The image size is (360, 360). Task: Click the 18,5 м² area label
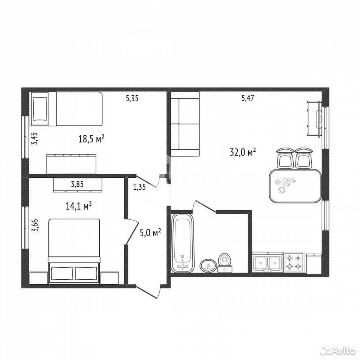[91, 139]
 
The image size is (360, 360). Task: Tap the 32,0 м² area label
[243, 152]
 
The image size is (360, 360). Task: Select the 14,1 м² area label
[79, 206]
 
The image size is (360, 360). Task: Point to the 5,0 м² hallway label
[150, 233]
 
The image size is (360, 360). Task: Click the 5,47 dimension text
[247, 98]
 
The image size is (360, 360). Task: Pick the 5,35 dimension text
[132, 99]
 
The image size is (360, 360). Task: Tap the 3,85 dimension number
[77, 184]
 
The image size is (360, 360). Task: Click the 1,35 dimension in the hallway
[139, 187]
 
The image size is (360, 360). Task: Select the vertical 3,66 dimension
[35, 226]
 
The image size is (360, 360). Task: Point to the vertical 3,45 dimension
[34, 138]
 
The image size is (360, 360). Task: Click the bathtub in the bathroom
[183, 243]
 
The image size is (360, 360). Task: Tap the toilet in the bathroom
[225, 262]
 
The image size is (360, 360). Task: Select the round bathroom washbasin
[208, 266]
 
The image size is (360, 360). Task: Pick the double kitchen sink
[268, 262]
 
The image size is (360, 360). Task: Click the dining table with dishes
[295, 186]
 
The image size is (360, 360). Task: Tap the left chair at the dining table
[285, 158]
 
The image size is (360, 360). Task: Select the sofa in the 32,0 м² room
[184, 124]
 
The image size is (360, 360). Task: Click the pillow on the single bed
[40, 109]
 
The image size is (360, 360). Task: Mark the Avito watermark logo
[338, 350]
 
